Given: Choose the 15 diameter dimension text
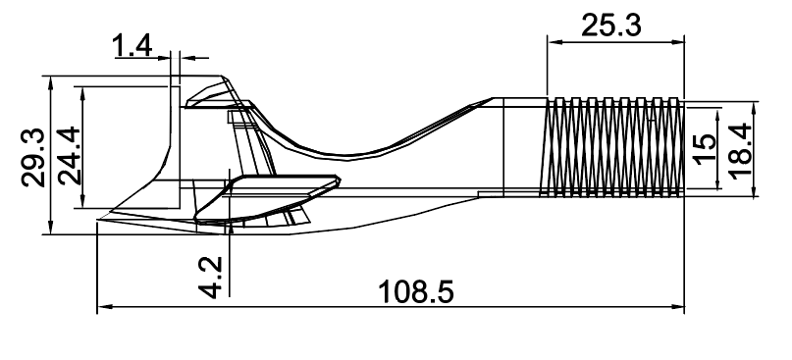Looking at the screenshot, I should click(x=704, y=147).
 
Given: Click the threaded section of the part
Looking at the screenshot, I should click(x=612, y=147).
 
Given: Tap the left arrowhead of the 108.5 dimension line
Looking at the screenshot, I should click(x=102, y=308).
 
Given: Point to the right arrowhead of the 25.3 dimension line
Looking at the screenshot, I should click(x=679, y=41).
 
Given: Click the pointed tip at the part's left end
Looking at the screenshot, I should click(x=100, y=224).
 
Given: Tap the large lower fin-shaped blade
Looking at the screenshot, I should click(x=265, y=196).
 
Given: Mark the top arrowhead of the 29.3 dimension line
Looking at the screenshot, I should click(x=48, y=78).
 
